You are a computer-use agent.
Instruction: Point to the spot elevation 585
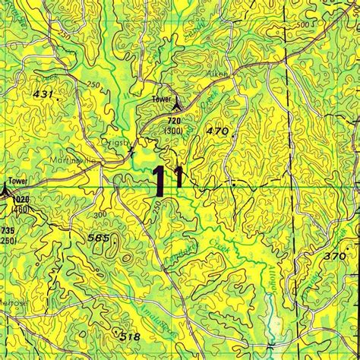pos(99,238)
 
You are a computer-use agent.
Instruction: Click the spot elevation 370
pos(333,257)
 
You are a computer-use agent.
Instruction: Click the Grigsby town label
pos(118,141)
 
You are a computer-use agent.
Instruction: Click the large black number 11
pos(166,182)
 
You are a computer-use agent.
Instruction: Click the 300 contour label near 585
pos(99,215)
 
